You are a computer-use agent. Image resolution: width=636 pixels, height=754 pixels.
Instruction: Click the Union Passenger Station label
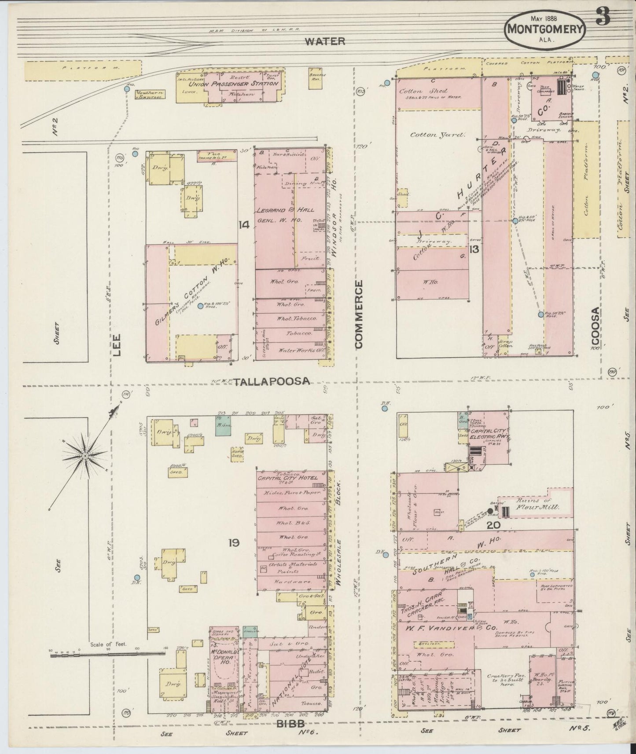pyautogui.click(x=234, y=84)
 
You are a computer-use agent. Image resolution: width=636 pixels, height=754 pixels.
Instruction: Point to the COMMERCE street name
pyautogui.click(x=359, y=315)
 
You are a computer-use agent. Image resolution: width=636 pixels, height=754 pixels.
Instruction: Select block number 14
pyautogui.click(x=244, y=225)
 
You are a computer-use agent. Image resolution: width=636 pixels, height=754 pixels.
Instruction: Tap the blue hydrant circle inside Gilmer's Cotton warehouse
pyautogui.click(x=200, y=306)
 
